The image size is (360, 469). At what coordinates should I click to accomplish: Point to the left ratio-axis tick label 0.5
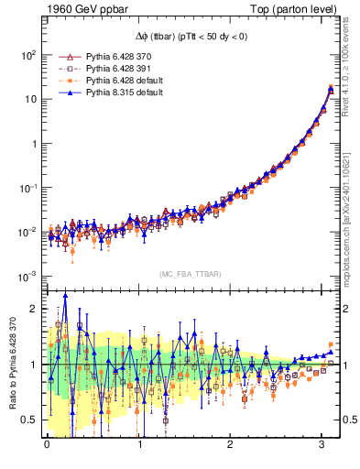coord(29,420)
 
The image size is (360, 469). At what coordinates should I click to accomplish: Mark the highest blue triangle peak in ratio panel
coord(65,295)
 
